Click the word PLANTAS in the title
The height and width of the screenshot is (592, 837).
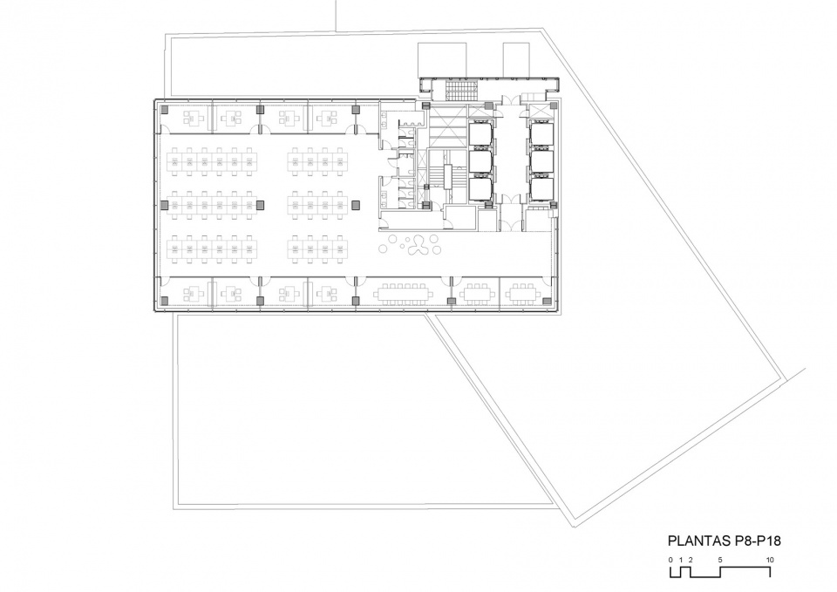tap(697, 541)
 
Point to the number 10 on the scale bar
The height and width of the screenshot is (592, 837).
tap(770, 560)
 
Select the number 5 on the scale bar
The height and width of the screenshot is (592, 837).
tap(720, 560)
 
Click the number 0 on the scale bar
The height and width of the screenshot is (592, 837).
tap(670, 560)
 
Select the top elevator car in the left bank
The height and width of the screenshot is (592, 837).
tap(480, 133)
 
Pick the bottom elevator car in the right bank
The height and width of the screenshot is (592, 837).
tap(541, 189)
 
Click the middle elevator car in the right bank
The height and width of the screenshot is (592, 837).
tap(541, 162)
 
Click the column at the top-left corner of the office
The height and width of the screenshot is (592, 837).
tap(165, 110)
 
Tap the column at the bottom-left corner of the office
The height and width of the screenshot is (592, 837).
tap(165, 301)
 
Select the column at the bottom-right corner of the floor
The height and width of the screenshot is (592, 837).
tap(548, 301)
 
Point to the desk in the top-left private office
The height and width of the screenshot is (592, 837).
tap(190, 117)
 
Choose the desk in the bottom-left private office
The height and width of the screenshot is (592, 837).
tap(190, 293)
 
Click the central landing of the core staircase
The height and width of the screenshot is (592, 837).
tap(447, 176)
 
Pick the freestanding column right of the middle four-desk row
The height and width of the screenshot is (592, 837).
tap(356, 204)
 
